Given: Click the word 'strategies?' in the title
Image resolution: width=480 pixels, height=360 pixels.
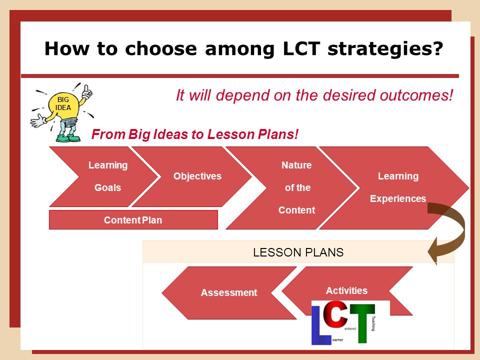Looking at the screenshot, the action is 385,49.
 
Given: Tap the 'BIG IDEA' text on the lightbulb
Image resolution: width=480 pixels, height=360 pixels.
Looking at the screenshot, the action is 63,103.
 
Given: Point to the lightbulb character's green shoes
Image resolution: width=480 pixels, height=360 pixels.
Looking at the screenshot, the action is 68,137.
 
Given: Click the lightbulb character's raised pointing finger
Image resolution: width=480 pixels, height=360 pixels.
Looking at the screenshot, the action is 86,88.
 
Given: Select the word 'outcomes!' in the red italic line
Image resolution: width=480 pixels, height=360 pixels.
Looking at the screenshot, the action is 416,95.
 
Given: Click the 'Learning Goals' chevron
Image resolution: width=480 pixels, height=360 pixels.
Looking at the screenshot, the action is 104,176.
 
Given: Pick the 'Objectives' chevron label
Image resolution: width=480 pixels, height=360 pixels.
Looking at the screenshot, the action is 197,176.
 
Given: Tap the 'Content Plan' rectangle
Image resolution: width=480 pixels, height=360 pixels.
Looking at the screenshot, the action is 133,220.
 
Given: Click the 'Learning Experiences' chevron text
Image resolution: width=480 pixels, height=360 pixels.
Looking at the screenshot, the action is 398,187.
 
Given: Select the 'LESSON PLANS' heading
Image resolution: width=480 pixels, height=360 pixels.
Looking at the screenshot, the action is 298,252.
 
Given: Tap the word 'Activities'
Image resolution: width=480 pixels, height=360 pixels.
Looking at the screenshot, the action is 346,290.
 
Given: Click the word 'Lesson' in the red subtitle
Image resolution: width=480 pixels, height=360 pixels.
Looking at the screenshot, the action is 230,134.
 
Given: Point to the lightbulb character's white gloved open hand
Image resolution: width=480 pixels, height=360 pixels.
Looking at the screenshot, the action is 38,120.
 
